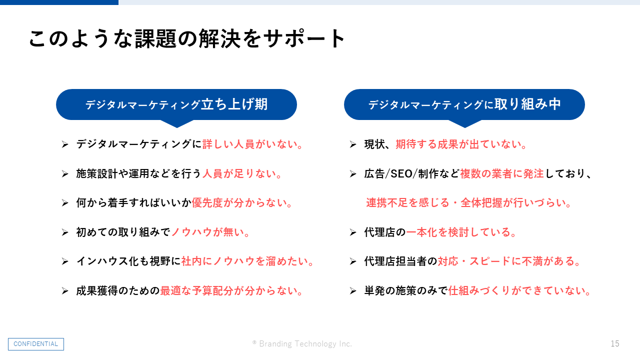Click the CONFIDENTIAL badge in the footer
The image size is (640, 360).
click(x=36, y=344)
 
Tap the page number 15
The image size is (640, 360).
click(x=615, y=343)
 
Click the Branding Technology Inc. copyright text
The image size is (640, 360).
click(x=302, y=343)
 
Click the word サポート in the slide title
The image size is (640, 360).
click(x=305, y=38)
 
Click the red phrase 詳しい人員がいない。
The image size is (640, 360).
click(x=252, y=144)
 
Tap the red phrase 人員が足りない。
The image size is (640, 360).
click(x=242, y=173)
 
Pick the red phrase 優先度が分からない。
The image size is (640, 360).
click(x=242, y=203)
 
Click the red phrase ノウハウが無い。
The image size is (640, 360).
click(x=211, y=232)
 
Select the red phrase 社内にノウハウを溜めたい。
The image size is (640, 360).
click(x=247, y=261)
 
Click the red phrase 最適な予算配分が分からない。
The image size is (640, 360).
click(x=231, y=291)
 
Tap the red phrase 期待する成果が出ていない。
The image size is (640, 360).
click(x=461, y=144)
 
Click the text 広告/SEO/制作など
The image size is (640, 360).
click(x=411, y=173)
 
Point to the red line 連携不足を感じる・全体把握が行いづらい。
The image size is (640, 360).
click(x=468, y=203)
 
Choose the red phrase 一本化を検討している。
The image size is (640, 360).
click(x=461, y=232)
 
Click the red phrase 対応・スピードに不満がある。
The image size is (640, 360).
click(x=509, y=261)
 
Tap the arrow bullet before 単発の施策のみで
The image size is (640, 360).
click(x=353, y=291)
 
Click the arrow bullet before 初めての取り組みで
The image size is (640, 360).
click(x=65, y=232)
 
